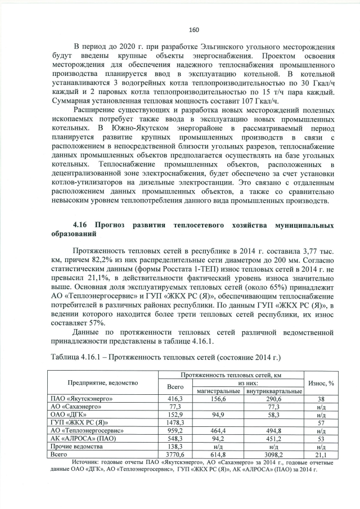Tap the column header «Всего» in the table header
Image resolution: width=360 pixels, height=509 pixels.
(175, 387)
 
